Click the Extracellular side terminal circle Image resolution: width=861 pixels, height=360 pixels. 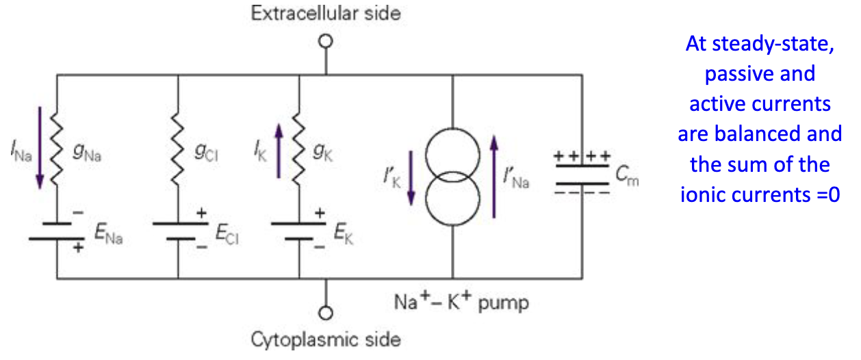click(326, 41)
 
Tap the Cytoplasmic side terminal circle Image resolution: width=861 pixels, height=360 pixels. click(326, 313)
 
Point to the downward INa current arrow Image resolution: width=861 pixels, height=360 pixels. click(40, 147)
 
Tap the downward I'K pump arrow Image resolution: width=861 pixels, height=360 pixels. click(411, 177)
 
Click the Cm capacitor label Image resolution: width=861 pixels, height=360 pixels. click(626, 180)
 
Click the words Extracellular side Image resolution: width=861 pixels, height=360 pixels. click(326, 13)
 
